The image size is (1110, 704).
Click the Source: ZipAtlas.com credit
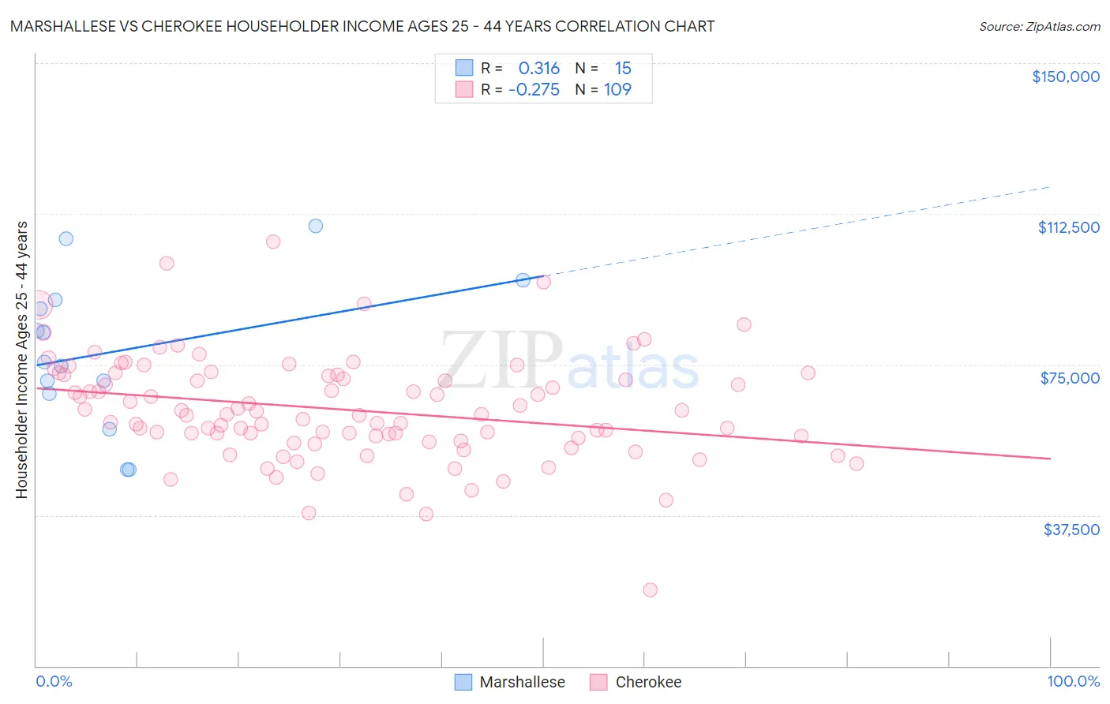point(1039,26)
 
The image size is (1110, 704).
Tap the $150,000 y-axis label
point(1065,77)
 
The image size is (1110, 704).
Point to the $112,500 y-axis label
point(1068,227)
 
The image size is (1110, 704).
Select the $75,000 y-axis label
point(1070,378)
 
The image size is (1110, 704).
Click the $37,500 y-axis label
point(1071,530)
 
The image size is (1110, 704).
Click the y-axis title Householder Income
point(21,360)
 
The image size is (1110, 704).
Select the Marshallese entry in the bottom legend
point(522,682)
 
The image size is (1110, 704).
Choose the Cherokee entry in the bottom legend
point(647,682)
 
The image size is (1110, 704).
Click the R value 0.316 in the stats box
point(538,69)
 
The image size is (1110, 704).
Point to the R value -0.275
point(534,90)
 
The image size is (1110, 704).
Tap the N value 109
point(617,90)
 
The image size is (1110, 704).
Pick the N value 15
point(623,69)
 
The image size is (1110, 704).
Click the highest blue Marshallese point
point(316,226)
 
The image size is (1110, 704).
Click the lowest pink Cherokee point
point(650,590)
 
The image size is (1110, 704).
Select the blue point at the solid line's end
point(523,280)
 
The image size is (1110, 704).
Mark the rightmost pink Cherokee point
point(857,463)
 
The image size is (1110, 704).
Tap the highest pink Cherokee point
point(273,242)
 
